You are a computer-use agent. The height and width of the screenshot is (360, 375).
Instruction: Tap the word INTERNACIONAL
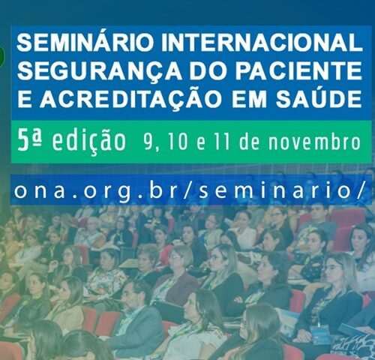pyautogui.click(x=262, y=43)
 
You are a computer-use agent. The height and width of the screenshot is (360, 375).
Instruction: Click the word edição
pyautogui.click(x=89, y=142)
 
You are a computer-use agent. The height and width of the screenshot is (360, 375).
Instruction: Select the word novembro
pyautogui.click(x=314, y=142)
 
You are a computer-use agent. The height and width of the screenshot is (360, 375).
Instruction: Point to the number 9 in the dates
pyautogui.click(x=148, y=142)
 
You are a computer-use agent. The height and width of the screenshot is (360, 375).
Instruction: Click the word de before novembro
pyautogui.click(x=249, y=142)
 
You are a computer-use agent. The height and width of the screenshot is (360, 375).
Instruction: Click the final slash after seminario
pyautogui.click(x=358, y=190)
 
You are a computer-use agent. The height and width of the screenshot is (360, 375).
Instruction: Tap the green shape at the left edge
pyautogui.click(x=2, y=56)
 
